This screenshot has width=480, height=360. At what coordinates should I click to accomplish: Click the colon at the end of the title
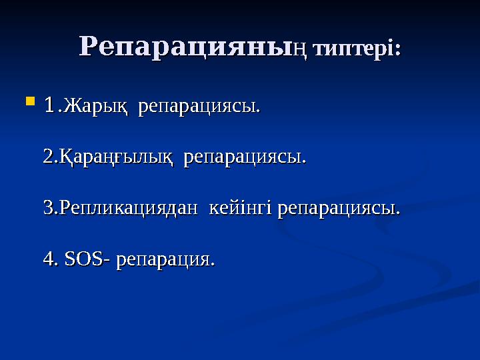398,51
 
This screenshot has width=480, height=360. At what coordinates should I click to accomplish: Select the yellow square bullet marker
29,102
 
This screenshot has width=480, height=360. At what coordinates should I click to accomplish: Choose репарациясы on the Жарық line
198,107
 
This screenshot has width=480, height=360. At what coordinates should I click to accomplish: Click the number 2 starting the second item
47,157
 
